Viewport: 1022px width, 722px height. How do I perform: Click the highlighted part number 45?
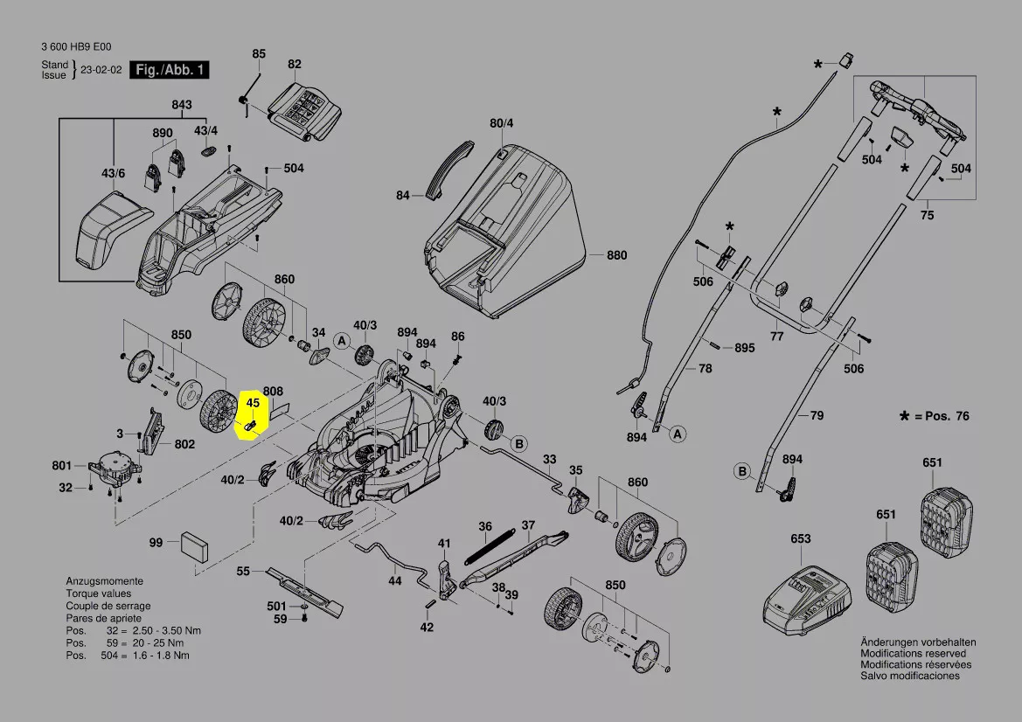[x=253, y=403]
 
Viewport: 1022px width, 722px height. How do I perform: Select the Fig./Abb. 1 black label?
[x=170, y=70]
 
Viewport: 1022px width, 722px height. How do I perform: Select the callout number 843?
[x=181, y=105]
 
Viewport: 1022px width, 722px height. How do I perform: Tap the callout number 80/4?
[x=501, y=123]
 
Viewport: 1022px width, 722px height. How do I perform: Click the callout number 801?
[x=62, y=465]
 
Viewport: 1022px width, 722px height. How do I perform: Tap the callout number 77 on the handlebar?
[x=776, y=336]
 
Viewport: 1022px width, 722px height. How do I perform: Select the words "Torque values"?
[x=97, y=594]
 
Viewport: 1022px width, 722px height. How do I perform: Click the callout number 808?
[x=273, y=392]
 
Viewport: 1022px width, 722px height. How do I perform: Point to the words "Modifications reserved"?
[x=913, y=653]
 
